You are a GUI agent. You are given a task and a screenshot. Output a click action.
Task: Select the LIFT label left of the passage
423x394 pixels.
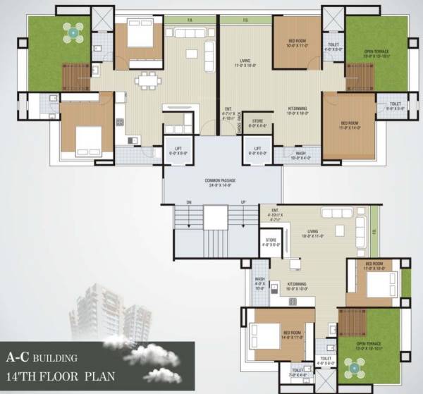click(178, 149)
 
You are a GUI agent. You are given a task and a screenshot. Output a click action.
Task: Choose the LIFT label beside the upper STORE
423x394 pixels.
click(258, 149)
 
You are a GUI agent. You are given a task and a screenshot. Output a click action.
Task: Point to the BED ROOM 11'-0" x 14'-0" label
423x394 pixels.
click(348, 125)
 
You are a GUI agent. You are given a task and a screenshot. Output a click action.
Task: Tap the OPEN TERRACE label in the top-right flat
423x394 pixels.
click(378, 53)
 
